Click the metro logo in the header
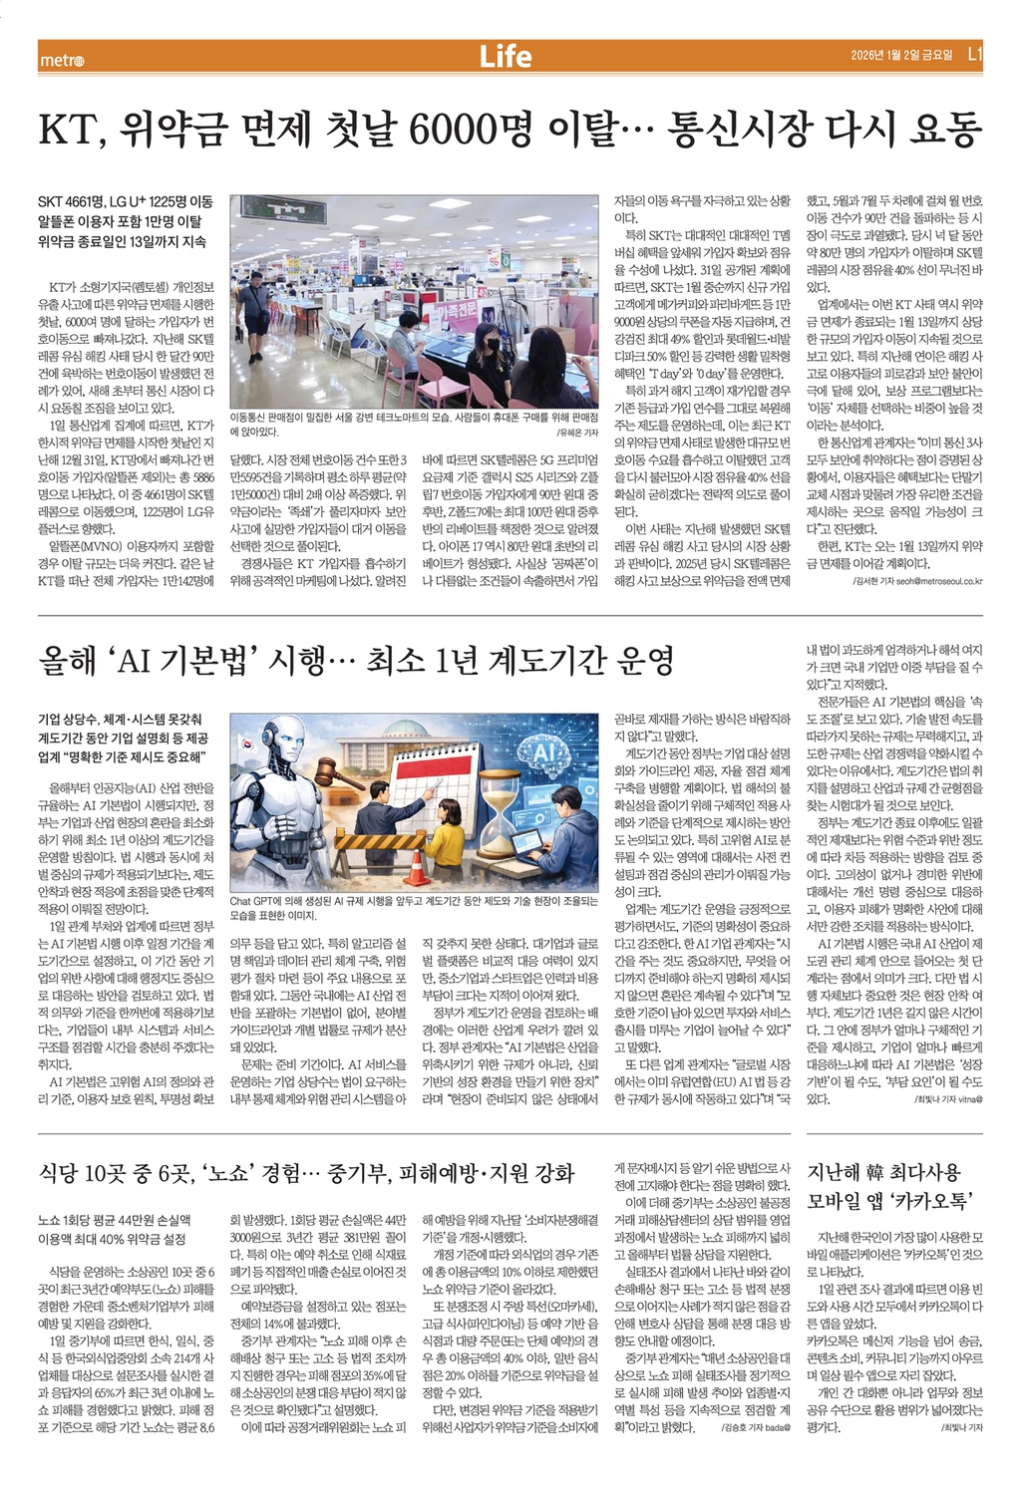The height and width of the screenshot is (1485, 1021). [62, 59]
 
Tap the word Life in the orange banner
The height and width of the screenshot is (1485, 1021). [506, 57]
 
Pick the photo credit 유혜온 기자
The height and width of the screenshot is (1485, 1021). [576, 434]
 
